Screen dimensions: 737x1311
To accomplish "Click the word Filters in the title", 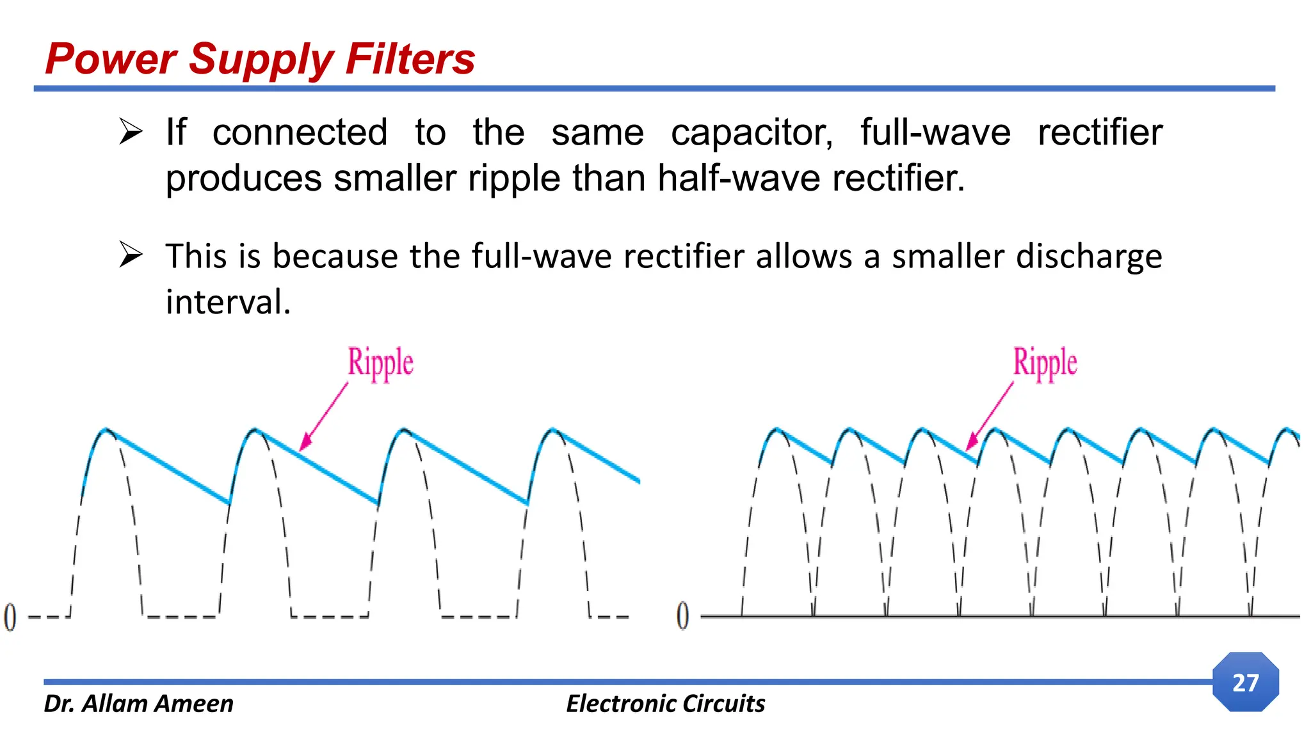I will pyautogui.click(x=410, y=59).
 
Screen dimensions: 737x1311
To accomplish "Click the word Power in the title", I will pyautogui.click(x=111, y=59).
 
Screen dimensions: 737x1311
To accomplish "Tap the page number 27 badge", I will pyautogui.click(x=1245, y=683).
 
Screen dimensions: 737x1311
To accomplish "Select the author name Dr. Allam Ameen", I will pyautogui.click(x=138, y=703).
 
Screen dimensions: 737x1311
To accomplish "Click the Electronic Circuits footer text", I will pyautogui.click(x=665, y=703).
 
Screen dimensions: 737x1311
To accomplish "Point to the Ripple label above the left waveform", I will pyautogui.click(x=380, y=362).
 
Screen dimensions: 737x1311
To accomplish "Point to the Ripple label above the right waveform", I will pyautogui.click(x=1045, y=362).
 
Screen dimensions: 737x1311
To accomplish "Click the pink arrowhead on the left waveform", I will pyautogui.click(x=305, y=443).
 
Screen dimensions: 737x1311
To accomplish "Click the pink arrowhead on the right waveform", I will pyautogui.click(x=971, y=443).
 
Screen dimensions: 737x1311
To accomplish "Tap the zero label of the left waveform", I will pyautogui.click(x=10, y=617).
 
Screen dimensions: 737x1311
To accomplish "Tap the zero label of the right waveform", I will pyautogui.click(x=683, y=615).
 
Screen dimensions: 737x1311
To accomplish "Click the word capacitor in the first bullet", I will pyautogui.click(x=752, y=132).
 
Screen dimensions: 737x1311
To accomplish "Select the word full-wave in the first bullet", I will pyautogui.click(x=935, y=132).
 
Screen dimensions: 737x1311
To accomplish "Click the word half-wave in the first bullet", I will pyautogui.click(x=739, y=178).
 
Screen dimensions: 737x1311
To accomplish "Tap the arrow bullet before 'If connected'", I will pyautogui.click(x=131, y=132).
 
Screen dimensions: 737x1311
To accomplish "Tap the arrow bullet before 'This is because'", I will pyautogui.click(x=131, y=256).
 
